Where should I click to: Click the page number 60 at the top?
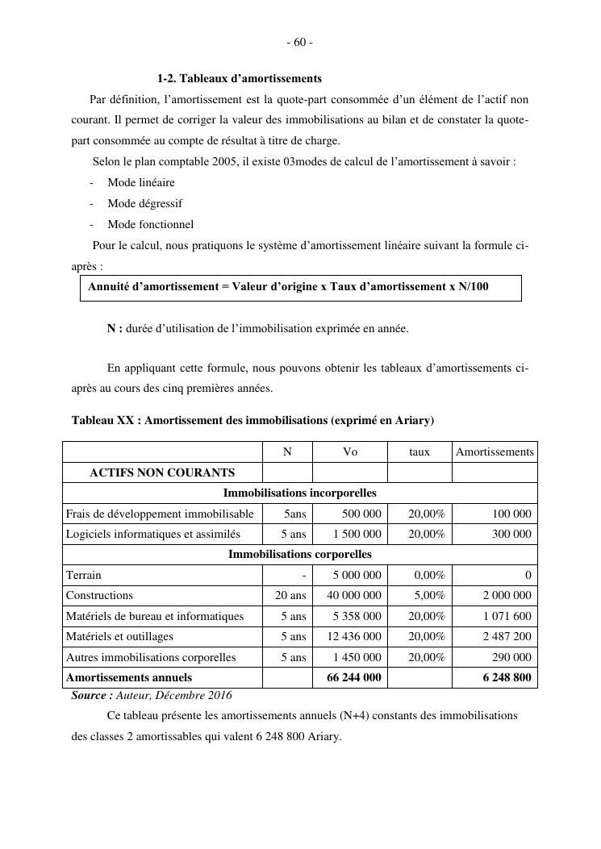pos(299,42)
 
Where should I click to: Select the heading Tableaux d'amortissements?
pos(239,78)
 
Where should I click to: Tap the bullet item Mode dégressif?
pos(145,203)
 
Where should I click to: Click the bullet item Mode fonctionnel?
pos(150,224)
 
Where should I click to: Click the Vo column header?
pos(350,452)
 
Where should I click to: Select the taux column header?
pos(419,452)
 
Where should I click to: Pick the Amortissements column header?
pos(495,452)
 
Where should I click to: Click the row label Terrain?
pos(84,575)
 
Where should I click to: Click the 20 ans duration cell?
pos(287,595)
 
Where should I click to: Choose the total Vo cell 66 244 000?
pos(354,677)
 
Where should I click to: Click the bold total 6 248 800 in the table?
pos(507,677)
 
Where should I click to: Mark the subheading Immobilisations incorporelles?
pos(299,493)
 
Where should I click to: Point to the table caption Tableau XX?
pos(253,420)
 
